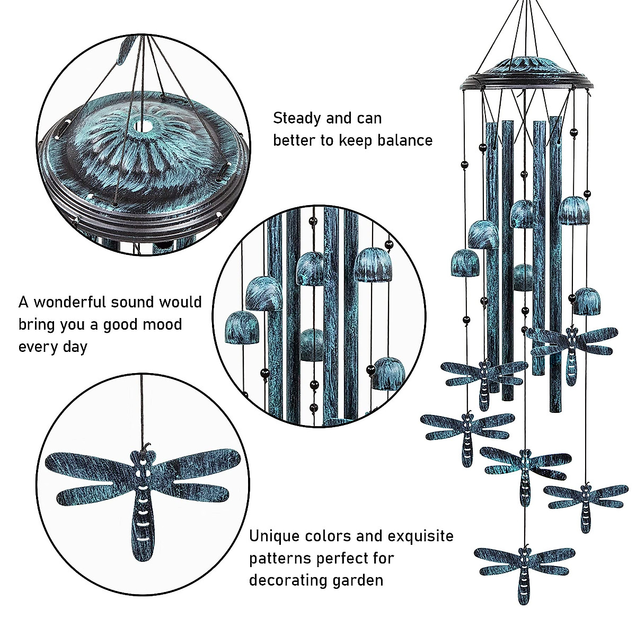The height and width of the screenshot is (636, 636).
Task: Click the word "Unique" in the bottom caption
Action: [275, 536]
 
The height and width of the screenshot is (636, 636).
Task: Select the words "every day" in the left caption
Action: [53, 347]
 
